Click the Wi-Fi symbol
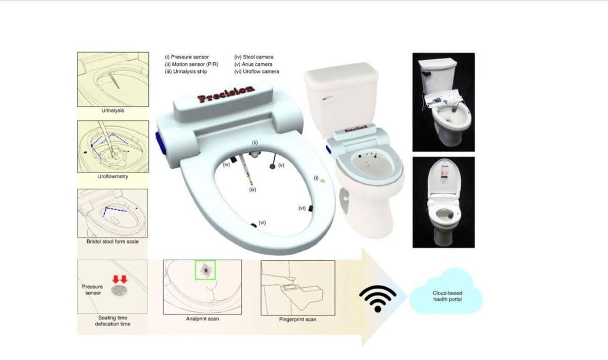tap(378, 298)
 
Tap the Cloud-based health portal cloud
tap(447, 292)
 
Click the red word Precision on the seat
tap(226, 94)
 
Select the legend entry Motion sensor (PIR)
tap(192, 64)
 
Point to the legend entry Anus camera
tap(253, 64)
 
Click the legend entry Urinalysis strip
tap(186, 71)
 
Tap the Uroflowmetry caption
tap(112, 176)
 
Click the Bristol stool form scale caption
tap(112, 242)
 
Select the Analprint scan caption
tap(202, 319)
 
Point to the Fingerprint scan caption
tap(298, 319)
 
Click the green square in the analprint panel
tap(205, 270)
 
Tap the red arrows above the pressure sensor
tap(120, 279)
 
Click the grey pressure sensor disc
tap(119, 290)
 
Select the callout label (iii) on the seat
tap(253, 190)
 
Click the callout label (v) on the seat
tap(281, 165)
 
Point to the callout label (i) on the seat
tap(316, 178)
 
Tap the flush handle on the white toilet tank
tap(327, 99)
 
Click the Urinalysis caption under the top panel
tap(112, 111)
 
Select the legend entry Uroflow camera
tap(257, 71)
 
